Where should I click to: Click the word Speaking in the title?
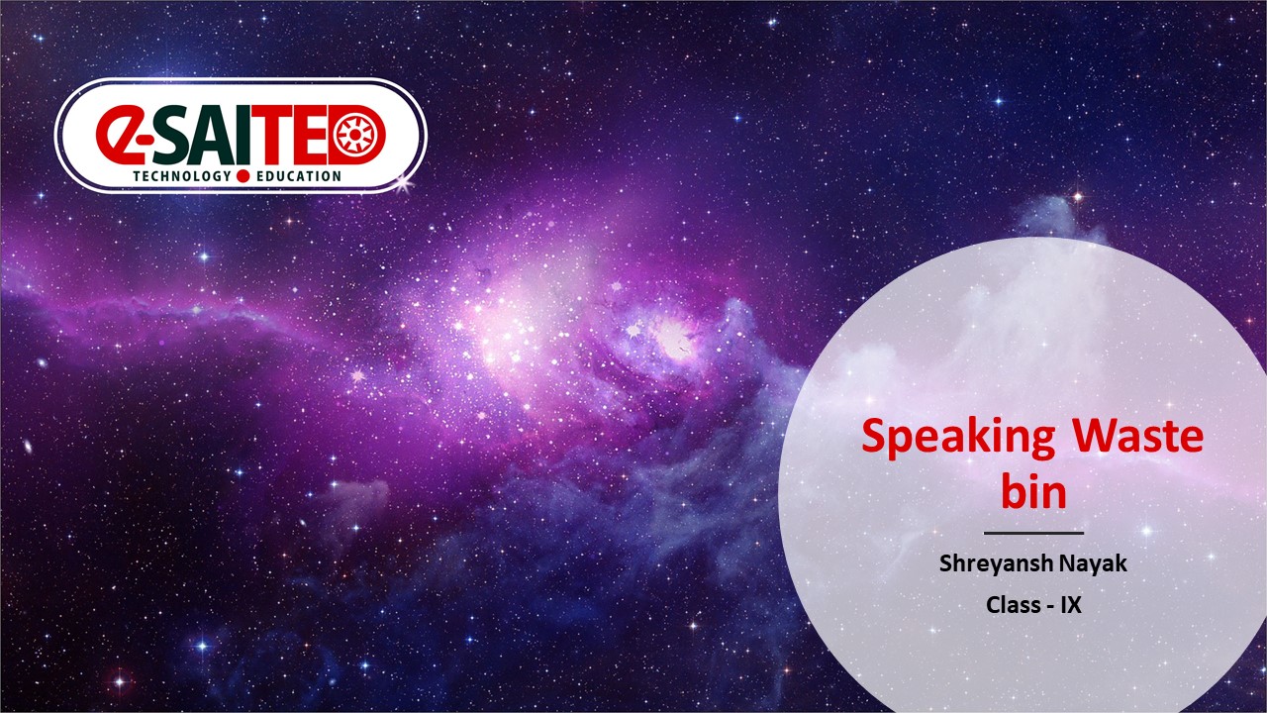click(x=958, y=438)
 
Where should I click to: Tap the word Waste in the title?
click(x=1138, y=436)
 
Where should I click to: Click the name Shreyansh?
click(x=996, y=563)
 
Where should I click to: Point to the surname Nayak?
click(x=1093, y=563)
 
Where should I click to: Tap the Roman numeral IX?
click(x=1071, y=605)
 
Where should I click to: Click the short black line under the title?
click(x=1033, y=533)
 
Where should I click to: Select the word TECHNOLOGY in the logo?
click(x=182, y=176)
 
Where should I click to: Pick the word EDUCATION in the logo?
click(x=299, y=176)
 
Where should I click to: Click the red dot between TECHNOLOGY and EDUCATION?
click(x=243, y=176)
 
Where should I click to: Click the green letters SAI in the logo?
click(x=198, y=136)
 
